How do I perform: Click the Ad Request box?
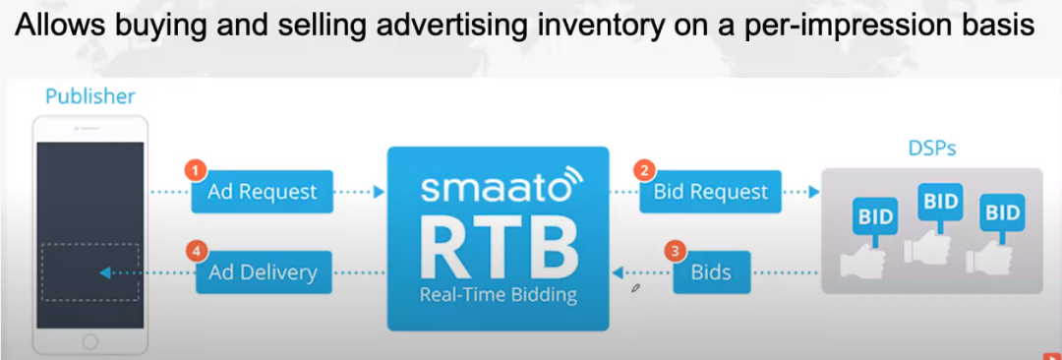[x=263, y=192]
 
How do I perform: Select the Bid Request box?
[x=711, y=191]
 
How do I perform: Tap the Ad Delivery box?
[x=264, y=271]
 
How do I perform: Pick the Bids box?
[x=712, y=271]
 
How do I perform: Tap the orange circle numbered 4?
[x=197, y=252]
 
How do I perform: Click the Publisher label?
[x=90, y=96]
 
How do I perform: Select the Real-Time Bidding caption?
[x=499, y=295]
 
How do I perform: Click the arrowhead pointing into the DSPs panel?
[x=814, y=192]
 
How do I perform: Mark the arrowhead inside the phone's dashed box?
[x=105, y=272]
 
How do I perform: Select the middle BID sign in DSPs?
[x=939, y=202]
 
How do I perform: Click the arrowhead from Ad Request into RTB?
[x=380, y=192]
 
